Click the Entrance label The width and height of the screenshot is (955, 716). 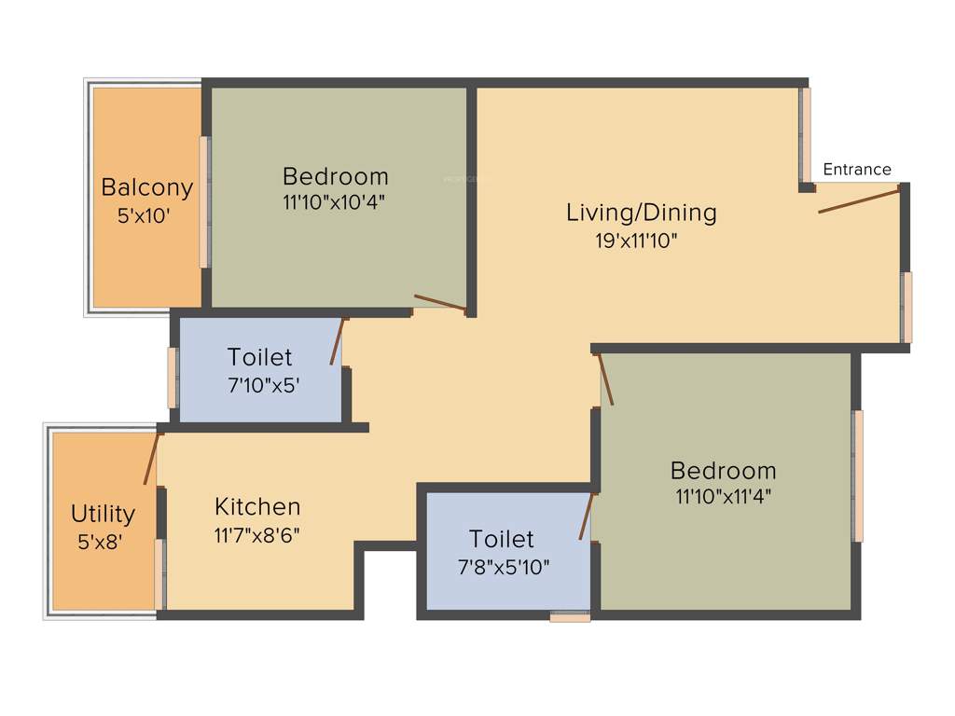pyautogui.click(x=857, y=170)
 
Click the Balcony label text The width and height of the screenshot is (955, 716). pyautogui.click(x=147, y=187)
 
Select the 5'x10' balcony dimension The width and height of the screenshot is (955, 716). pyautogui.click(x=144, y=216)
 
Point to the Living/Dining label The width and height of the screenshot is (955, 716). pyautogui.click(x=642, y=213)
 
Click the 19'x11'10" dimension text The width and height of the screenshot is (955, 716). pyautogui.click(x=636, y=241)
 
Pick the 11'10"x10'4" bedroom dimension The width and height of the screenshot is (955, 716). pyautogui.click(x=335, y=201)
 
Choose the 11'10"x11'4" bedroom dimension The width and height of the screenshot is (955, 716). pyautogui.click(x=723, y=496)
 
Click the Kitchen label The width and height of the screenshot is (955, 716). pyautogui.click(x=257, y=507)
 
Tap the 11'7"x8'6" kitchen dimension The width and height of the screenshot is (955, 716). pyautogui.click(x=256, y=535)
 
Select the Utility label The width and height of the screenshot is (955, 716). pyautogui.click(x=104, y=514)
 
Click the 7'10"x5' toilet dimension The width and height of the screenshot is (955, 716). pyautogui.click(x=264, y=384)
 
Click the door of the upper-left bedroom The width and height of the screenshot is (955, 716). pyautogui.click(x=439, y=301)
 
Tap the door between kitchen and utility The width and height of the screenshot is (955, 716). pyautogui.click(x=151, y=459)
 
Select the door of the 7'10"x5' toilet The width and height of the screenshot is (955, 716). pyautogui.click(x=338, y=341)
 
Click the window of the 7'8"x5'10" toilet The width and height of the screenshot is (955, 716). pyautogui.click(x=570, y=616)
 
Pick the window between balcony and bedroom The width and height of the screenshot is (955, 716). pyautogui.click(x=204, y=202)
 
